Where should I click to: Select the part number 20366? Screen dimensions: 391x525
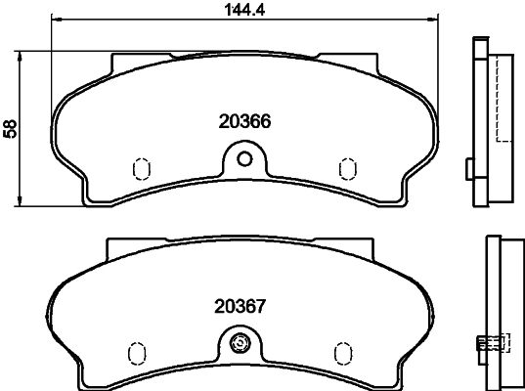[x=242, y=123]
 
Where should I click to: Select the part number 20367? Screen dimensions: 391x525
[x=241, y=305]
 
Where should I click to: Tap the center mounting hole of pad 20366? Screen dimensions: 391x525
[x=245, y=157]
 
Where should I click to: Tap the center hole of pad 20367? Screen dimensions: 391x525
[x=241, y=343]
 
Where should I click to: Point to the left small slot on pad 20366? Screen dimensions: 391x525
[x=139, y=168]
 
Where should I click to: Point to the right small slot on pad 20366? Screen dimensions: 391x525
[x=345, y=168]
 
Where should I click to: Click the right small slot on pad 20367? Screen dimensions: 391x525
[x=342, y=351]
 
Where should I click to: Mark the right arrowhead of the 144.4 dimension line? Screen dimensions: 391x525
[x=436, y=19]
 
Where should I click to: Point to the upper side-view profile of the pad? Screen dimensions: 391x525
[x=482, y=122]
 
